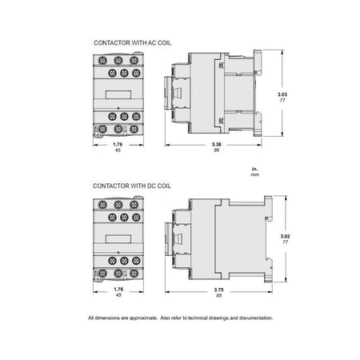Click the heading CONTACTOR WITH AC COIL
coord(133,43)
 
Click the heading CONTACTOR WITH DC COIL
coord(132,186)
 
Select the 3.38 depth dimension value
coord(217,144)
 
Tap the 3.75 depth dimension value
coord(219,290)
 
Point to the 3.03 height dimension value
coord(282,94)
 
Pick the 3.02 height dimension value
coord(285,236)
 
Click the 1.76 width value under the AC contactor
coord(118,144)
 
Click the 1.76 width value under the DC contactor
coord(118,290)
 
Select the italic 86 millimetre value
coord(217,150)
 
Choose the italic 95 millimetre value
coord(219,295)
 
